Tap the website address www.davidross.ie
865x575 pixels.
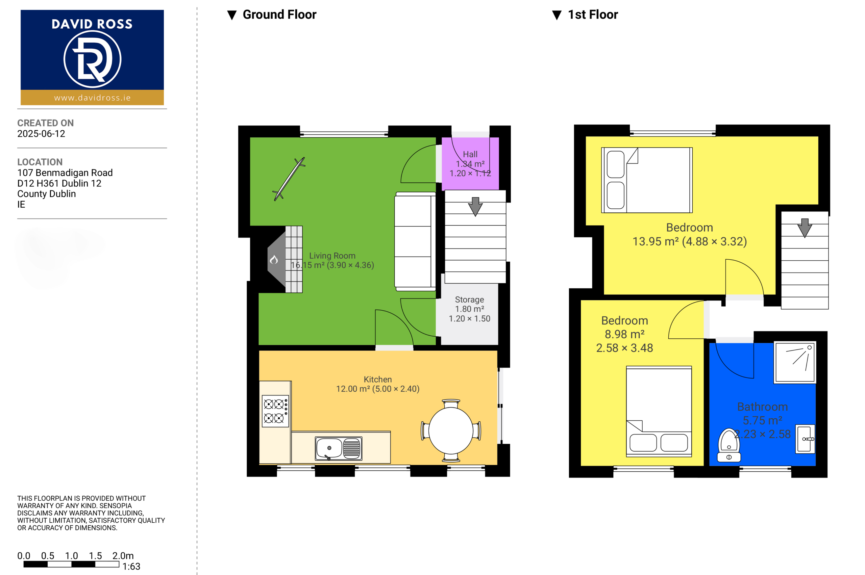(x=92, y=98)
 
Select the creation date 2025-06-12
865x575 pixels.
(x=41, y=134)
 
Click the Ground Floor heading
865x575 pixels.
(x=279, y=15)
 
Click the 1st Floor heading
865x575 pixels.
(x=593, y=15)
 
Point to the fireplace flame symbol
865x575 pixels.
(x=274, y=260)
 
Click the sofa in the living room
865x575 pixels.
(x=415, y=241)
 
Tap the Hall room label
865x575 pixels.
(x=470, y=154)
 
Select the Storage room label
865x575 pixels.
(x=469, y=299)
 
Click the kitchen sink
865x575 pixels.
(x=338, y=448)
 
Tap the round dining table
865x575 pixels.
(x=451, y=430)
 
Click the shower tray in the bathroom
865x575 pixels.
(x=794, y=362)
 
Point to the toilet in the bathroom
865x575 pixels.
(x=729, y=445)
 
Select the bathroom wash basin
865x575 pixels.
(x=805, y=439)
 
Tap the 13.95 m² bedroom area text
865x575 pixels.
(x=690, y=242)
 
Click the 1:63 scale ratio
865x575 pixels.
(x=131, y=567)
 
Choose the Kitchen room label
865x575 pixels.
(x=378, y=380)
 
